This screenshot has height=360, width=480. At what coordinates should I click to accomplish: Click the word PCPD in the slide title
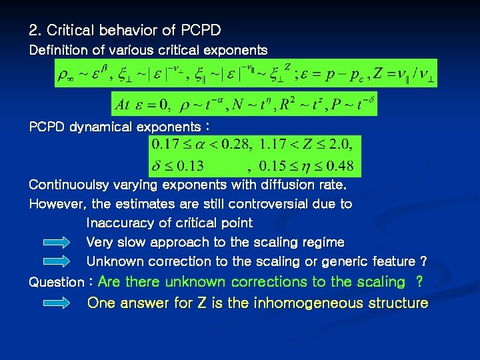[x=201, y=30]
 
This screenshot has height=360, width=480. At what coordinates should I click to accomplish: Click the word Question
[x=56, y=282]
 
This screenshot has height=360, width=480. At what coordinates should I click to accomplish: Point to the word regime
[x=322, y=242]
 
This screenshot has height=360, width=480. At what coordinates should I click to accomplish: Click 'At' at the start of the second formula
[x=122, y=105]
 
